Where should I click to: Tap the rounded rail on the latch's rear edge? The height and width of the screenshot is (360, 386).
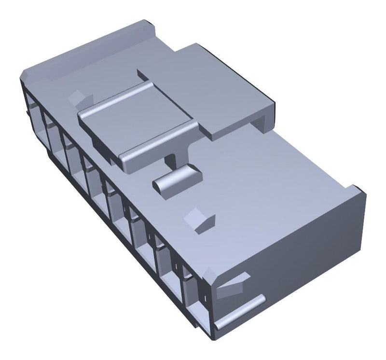116,99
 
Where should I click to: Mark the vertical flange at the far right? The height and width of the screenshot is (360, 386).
359,212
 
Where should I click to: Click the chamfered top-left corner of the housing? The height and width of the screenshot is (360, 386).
27,77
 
